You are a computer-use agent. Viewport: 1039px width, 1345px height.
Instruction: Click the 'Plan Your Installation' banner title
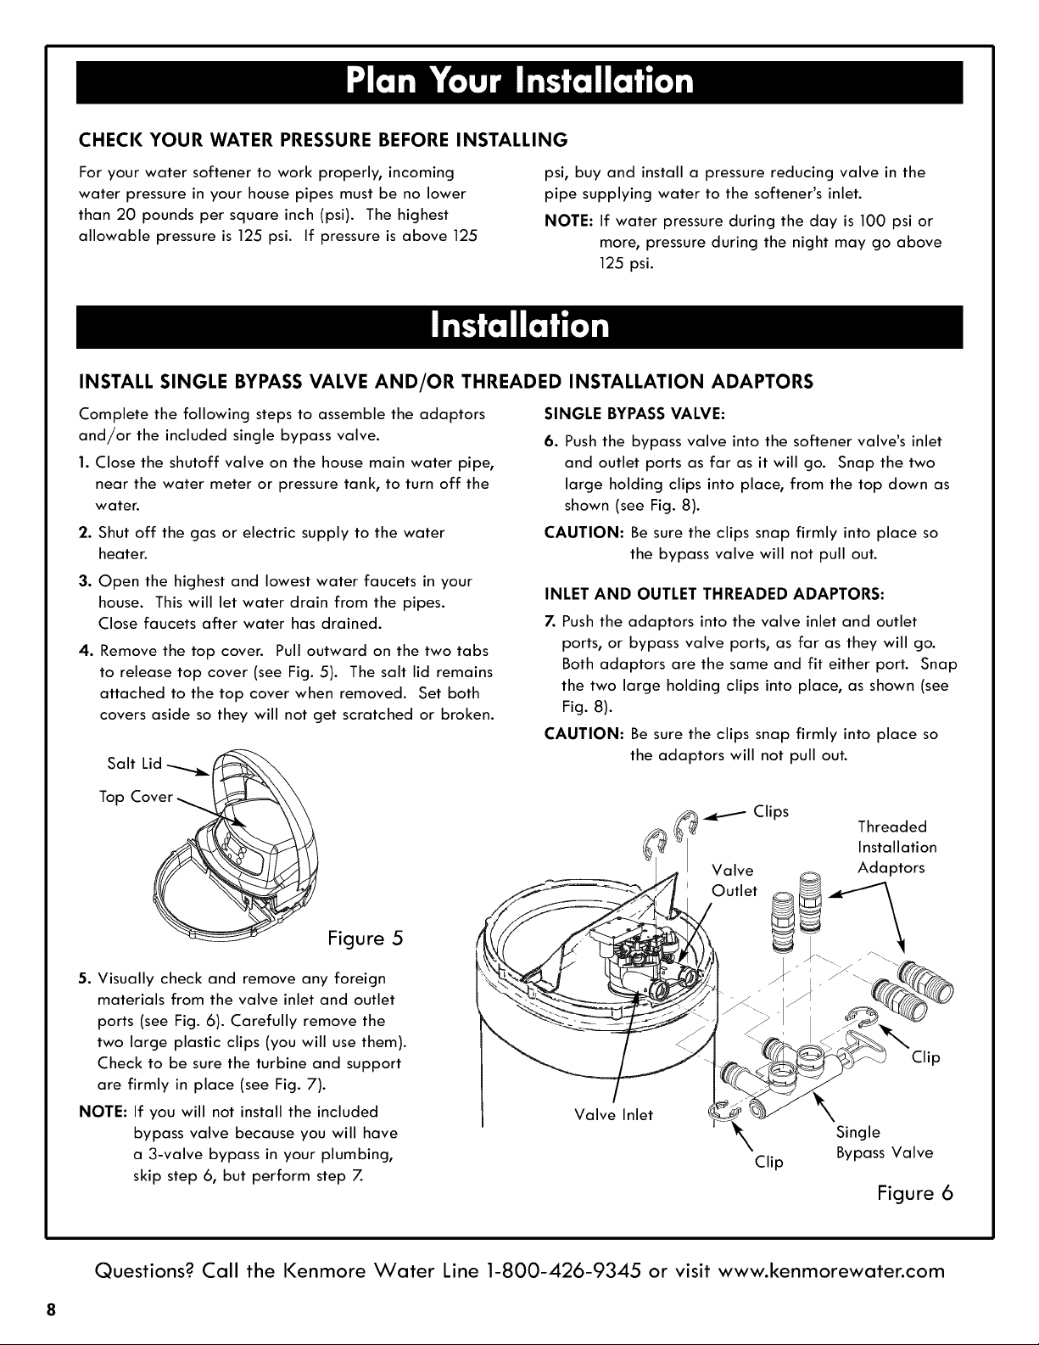(519, 81)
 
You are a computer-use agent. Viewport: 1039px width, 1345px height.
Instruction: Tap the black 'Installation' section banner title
(519, 326)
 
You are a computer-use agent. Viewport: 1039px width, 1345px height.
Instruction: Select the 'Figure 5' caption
(366, 939)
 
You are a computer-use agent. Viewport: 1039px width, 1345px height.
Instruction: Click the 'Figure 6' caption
(915, 1193)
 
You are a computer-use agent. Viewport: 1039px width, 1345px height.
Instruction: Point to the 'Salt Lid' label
(134, 763)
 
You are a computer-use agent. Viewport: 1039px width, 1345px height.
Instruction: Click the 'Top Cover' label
(136, 797)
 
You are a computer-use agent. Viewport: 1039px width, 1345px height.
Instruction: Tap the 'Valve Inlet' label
(613, 1115)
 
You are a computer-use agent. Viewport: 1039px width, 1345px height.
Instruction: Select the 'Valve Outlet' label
(735, 881)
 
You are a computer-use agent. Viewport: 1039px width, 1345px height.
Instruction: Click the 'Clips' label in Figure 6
(771, 811)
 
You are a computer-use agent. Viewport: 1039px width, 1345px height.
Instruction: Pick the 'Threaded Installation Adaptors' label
(897, 848)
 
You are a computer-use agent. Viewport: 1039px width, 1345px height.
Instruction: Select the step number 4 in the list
(85, 651)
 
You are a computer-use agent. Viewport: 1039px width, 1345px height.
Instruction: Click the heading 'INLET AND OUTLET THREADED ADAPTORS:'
(715, 594)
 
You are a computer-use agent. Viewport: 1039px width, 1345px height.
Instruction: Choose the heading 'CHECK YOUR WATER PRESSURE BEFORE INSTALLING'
(323, 140)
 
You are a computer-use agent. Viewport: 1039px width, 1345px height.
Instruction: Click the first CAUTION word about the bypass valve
(584, 533)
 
